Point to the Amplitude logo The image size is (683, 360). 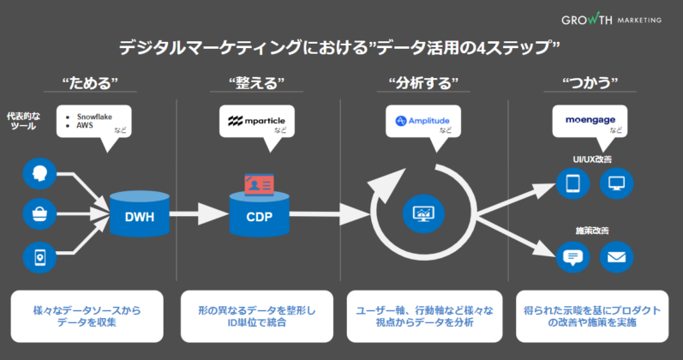click(422, 121)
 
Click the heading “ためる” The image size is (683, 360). click(89, 83)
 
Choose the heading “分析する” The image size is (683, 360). click(423, 83)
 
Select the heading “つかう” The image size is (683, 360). click(590, 83)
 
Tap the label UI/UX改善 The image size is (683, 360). click(592, 159)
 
